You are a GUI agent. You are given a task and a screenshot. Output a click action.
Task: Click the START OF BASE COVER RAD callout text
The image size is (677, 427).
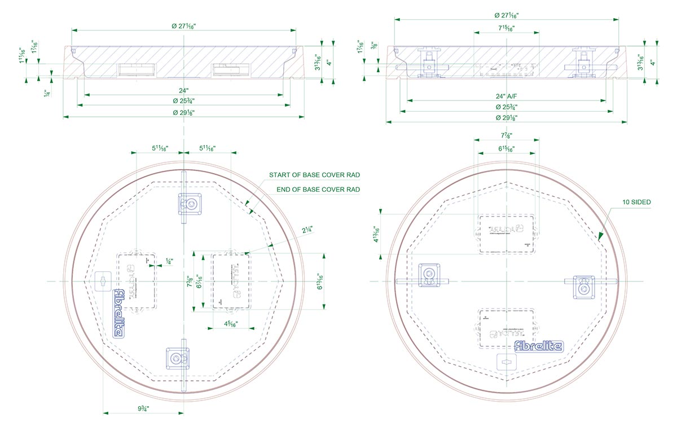314,175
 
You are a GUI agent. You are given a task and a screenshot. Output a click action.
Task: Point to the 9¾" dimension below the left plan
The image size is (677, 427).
143,408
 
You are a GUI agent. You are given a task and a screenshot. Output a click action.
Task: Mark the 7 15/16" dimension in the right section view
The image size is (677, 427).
506,28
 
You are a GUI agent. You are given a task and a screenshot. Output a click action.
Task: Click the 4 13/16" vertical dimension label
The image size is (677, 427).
375,233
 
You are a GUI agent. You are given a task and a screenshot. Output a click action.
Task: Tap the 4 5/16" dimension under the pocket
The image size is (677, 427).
230,324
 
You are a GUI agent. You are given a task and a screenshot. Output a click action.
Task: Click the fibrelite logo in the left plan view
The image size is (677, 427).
119,313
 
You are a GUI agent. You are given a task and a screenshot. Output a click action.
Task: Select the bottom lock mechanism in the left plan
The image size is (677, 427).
177,358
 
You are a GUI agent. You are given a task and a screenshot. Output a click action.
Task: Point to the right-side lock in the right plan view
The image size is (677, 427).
583,286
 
